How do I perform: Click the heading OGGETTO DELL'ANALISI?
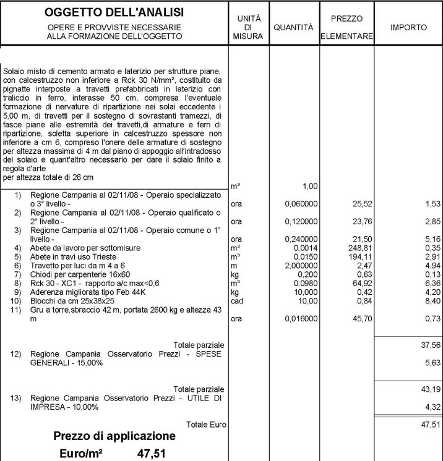[x=114, y=13]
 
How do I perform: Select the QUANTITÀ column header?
[x=294, y=28]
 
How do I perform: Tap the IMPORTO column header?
[x=408, y=28]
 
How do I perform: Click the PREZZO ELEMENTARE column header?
[x=346, y=27]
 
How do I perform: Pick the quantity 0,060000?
[x=301, y=203]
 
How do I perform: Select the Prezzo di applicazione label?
[x=114, y=436]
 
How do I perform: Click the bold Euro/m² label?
[x=81, y=454]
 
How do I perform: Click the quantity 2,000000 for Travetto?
[x=301, y=264]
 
